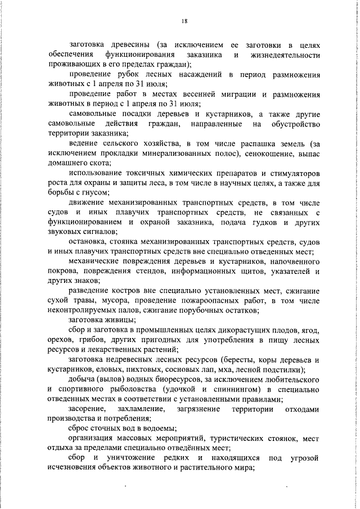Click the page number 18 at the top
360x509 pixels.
(x=184, y=21)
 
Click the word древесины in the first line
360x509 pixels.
(x=129, y=44)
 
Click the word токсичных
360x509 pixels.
(x=146, y=173)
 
